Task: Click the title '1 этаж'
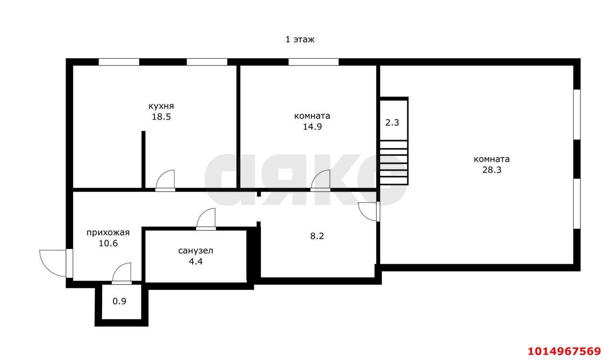(x=300, y=40)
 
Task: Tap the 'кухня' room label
(x=161, y=106)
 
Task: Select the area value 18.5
(x=161, y=117)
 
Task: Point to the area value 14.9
(x=312, y=127)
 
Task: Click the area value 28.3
(x=492, y=170)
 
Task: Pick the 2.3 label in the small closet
(x=392, y=123)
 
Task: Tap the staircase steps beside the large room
(x=393, y=163)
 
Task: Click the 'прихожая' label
(x=108, y=233)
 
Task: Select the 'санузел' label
(x=196, y=251)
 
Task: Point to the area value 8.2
(x=317, y=236)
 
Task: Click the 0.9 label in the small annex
(x=120, y=301)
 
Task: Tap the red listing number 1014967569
(x=565, y=351)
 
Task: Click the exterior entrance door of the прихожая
(x=56, y=263)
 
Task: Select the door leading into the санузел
(x=206, y=219)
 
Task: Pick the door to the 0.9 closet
(x=121, y=273)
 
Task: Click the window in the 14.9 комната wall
(x=313, y=62)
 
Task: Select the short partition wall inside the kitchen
(x=143, y=160)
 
